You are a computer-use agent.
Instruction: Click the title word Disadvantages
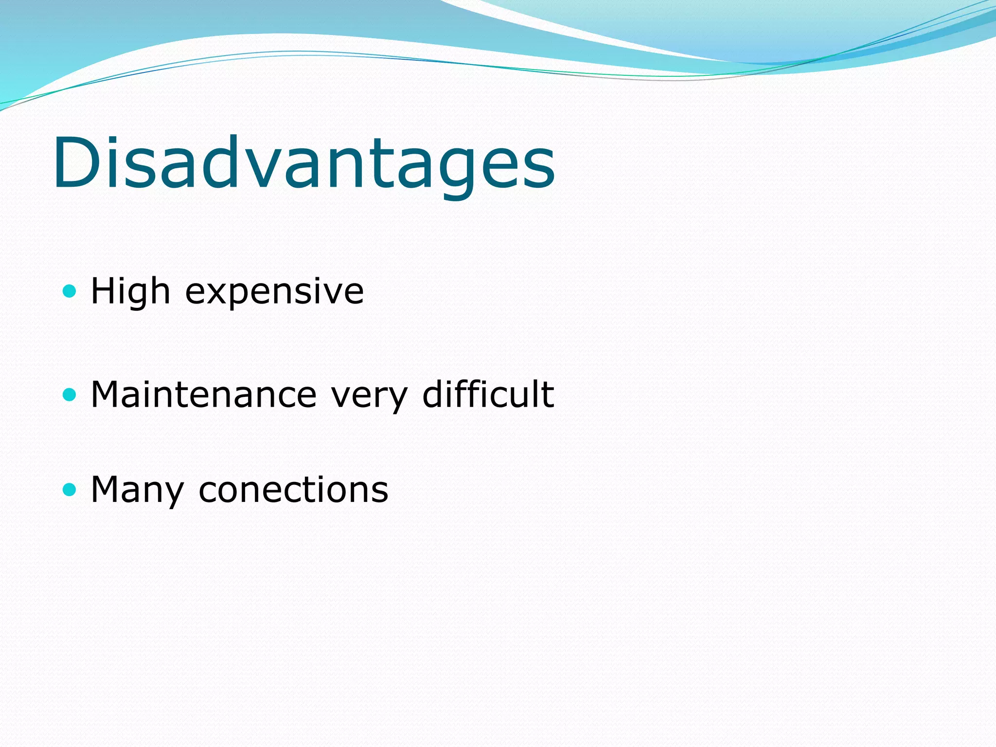coord(304,163)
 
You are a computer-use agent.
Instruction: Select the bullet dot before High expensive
coord(70,291)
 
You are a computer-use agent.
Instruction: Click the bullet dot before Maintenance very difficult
coord(70,394)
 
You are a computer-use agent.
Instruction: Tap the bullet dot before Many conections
coord(70,489)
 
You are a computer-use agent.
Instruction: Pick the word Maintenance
coord(204,394)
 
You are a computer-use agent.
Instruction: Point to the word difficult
coord(488,393)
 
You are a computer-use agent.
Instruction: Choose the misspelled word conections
coord(293,489)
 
